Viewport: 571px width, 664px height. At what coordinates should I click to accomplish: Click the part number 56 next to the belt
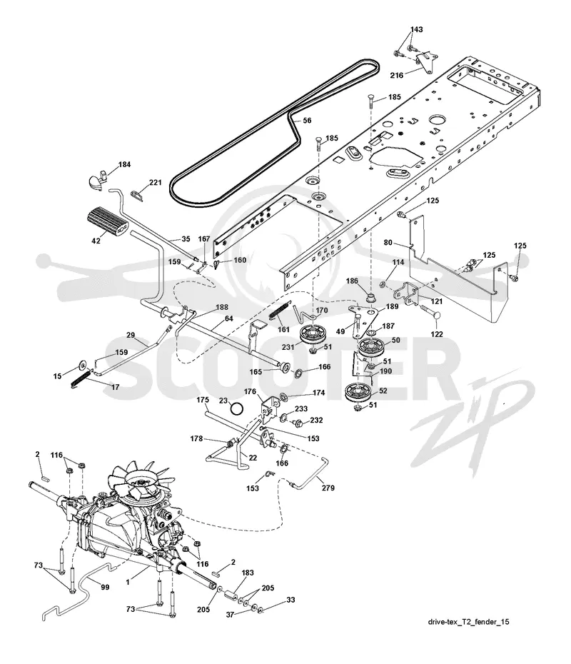(307, 121)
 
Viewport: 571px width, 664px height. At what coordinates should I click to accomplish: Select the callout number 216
(397, 76)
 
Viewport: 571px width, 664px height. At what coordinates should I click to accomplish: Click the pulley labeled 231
(313, 335)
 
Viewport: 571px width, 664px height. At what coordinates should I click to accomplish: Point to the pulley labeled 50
(371, 348)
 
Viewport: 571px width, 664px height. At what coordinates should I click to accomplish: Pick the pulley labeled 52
(358, 393)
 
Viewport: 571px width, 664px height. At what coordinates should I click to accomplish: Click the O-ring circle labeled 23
(237, 409)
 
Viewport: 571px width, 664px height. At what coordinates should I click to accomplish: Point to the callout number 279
(328, 488)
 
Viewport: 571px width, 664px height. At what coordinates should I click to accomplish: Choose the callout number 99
(105, 587)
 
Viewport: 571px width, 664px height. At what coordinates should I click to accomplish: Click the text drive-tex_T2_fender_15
(468, 622)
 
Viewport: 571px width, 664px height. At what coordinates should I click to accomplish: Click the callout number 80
(388, 243)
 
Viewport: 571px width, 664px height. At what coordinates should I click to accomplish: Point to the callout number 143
(417, 29)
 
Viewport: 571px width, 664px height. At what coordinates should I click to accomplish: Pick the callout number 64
(229, 318)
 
